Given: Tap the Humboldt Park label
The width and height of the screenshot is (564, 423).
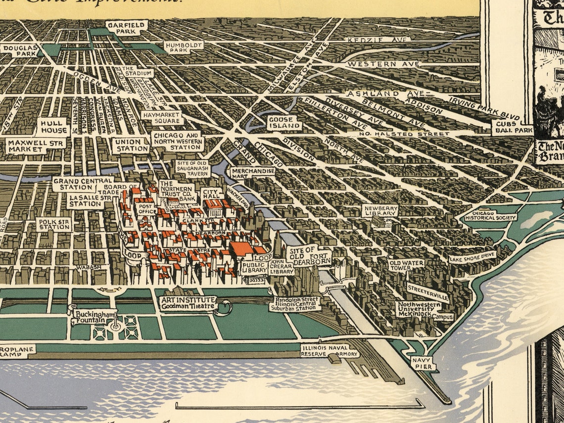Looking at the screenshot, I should [x=177, y=47].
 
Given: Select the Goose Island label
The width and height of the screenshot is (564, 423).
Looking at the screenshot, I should [x=284, y=123].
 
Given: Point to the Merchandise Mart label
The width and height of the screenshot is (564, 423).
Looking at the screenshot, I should [x=253, y=173].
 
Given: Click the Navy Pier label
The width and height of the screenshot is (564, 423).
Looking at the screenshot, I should [x=423, y=363].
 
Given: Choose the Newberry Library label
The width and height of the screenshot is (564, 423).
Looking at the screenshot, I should [x=380, y=211].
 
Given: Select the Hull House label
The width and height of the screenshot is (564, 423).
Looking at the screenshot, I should [x=52, y=127].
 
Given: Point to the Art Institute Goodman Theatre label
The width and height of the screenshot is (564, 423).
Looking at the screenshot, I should [x=188, y=303].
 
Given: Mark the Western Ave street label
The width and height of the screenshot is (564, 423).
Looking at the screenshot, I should [x=382, y=64].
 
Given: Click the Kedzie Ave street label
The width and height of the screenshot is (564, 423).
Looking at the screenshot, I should [x=378, y=39].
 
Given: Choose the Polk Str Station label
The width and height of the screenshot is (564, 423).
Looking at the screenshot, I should [x=54, y=224].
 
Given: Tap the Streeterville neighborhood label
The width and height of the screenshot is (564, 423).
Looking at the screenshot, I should [x=428, y=292].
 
